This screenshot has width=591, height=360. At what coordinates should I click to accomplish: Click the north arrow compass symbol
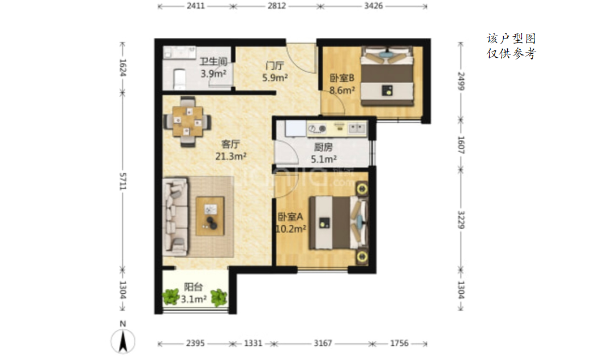tap(123, 341)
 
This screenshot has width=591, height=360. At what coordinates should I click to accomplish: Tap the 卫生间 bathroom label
tap(213, 61)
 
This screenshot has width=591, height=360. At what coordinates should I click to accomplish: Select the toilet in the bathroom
tap(180, 79)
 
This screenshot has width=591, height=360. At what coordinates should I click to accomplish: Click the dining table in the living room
tap(187, 121)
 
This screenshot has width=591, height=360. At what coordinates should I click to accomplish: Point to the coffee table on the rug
tap(210, 216)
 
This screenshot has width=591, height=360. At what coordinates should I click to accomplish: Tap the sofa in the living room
tap(175, 216)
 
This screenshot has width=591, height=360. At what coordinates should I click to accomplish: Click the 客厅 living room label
tap(230, 144)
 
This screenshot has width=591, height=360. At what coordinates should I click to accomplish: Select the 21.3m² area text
tap(230, 156)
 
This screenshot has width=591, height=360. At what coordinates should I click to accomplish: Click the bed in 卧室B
tap(386, 76)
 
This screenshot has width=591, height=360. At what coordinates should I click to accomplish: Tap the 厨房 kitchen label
tap(323, 147)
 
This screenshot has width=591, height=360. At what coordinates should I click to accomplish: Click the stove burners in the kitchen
tap(317, 128)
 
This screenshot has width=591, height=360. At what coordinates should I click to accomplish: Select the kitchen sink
tap(356, 128)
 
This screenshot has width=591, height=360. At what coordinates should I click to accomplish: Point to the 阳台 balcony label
tap(194, 287)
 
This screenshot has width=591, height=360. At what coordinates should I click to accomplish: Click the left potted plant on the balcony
tap(171, 297)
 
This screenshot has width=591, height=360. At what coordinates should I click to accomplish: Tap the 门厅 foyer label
tap(275, 66)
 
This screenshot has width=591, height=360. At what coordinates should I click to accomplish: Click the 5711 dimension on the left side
tap(123, 181)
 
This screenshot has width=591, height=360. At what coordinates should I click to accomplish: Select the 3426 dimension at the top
tap(373, 6)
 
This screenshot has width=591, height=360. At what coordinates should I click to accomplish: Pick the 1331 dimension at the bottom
tap(253, 343)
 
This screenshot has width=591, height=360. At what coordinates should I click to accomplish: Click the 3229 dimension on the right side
tap(461, 220)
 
